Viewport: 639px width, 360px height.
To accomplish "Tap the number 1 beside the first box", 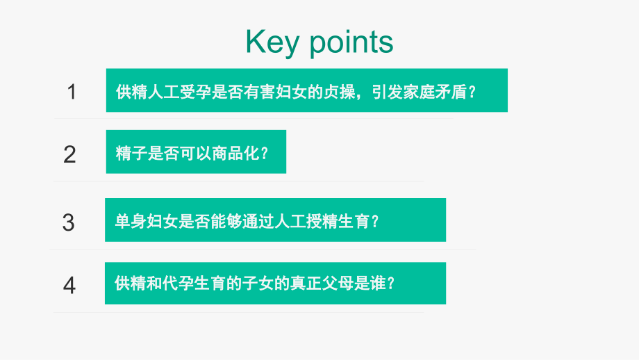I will [72, 92].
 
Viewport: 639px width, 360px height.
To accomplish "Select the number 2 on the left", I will [69, 154].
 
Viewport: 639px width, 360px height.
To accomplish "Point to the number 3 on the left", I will [68, 222].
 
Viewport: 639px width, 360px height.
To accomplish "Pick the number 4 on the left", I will [69, 285].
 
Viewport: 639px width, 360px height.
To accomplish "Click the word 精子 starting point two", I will [130, 153].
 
